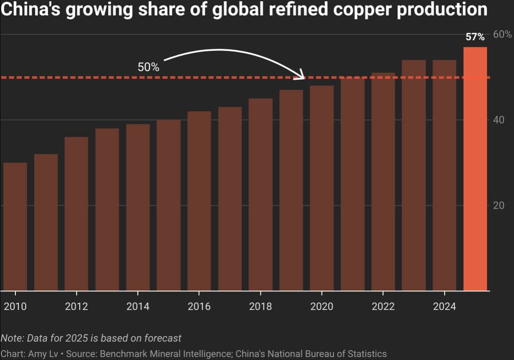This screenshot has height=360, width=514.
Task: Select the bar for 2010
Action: (15, 227)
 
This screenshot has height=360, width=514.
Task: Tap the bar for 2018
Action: (260, 195)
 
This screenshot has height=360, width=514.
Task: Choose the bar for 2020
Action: (322, 188)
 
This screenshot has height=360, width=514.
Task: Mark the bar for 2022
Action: (383, 182)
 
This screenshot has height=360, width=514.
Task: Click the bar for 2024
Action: (444, 175)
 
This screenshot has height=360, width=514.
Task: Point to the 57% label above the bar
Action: (475, 37)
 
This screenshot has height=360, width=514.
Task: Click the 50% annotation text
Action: (148, 67)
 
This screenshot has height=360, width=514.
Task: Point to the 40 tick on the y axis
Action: (498, 120)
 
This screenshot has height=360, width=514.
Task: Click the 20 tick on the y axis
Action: (498, 205)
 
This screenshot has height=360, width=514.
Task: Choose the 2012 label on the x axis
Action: (76, 306)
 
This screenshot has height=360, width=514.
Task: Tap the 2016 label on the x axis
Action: (199, 306)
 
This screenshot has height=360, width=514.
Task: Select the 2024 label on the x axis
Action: (444, 306)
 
